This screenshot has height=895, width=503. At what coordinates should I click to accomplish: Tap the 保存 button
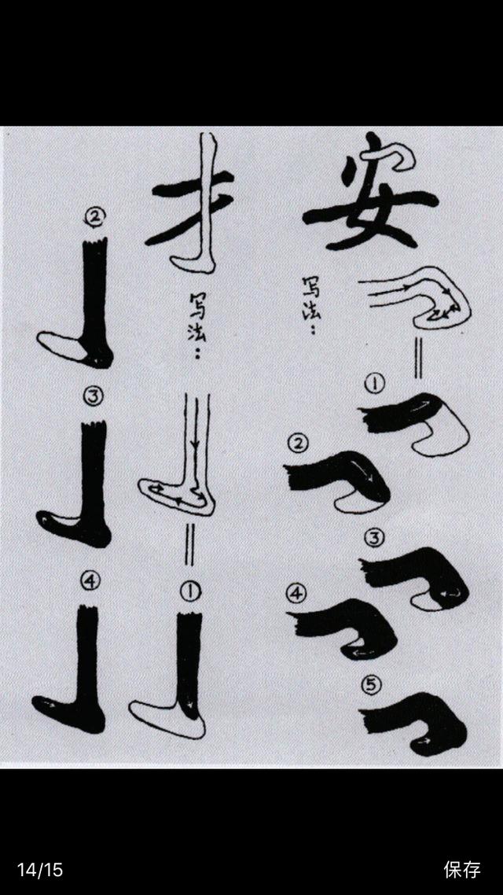[x=462, y=869]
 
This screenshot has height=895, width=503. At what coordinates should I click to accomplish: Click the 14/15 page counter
[x=39, y=870]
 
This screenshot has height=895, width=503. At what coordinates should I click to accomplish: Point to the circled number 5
[x=372, y=684]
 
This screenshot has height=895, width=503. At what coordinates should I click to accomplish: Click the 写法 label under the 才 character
[x=197, y=325]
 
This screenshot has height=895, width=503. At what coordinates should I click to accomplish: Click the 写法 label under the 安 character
[x=313, y=306]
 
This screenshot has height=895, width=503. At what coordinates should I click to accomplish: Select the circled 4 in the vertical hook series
[x=90, y=580]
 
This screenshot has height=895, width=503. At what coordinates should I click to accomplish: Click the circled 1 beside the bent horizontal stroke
[x=374, y=384]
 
